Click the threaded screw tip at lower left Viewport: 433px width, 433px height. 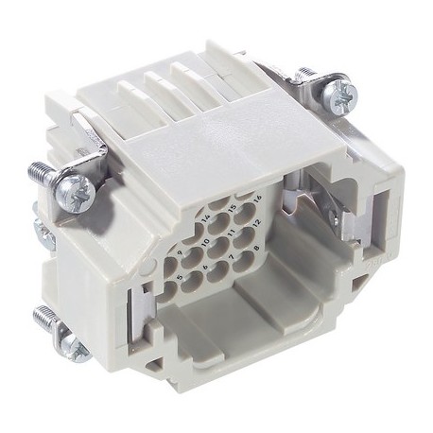click(42, 316)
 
